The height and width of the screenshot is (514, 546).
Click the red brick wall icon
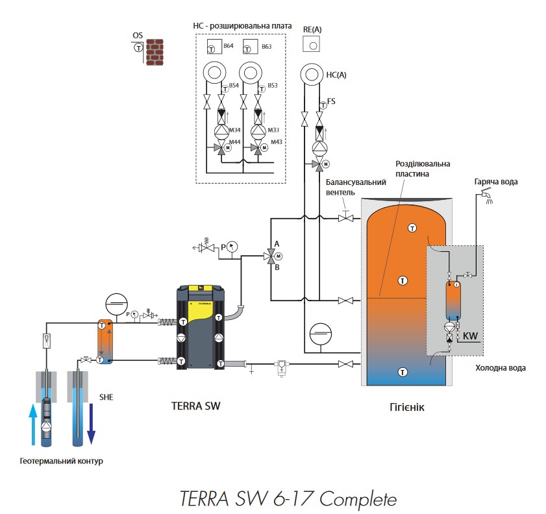(155, 53)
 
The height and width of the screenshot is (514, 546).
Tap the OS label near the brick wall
(137, 34)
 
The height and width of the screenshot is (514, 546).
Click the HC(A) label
(336, 75)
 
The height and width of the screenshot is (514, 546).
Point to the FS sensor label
(331, 101)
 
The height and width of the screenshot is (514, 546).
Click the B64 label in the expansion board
(228, 47)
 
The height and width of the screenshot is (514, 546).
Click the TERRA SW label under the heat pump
(193, 406)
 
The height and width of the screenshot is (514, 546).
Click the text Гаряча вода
(496, 181)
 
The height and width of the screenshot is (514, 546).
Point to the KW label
(471, 336)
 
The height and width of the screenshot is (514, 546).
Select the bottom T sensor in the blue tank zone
(403, 372)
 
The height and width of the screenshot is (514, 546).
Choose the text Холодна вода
(500, 368)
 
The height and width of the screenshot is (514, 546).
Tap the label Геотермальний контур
(61, 461)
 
